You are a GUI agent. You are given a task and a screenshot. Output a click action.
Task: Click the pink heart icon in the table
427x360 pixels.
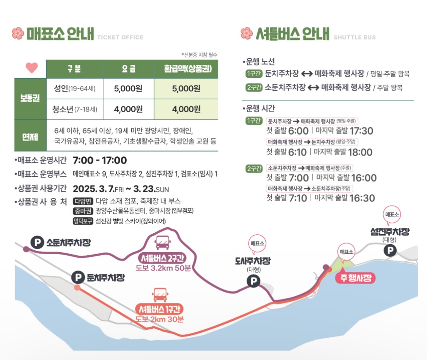(32, 68)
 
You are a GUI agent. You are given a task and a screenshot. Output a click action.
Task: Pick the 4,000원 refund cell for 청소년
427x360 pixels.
(186, 109)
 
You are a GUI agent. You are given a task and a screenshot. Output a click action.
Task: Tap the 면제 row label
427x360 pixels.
(30, 135)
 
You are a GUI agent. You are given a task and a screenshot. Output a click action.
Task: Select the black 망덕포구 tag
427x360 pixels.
(83, 221)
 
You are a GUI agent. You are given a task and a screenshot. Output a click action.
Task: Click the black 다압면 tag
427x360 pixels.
(83, 201)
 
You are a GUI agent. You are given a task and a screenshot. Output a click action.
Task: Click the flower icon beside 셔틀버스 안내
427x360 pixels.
(247, 33)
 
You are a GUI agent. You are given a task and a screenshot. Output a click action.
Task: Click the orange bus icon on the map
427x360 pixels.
(159, 294)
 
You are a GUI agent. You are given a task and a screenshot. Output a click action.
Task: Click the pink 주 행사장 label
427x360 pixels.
(355, 278)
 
